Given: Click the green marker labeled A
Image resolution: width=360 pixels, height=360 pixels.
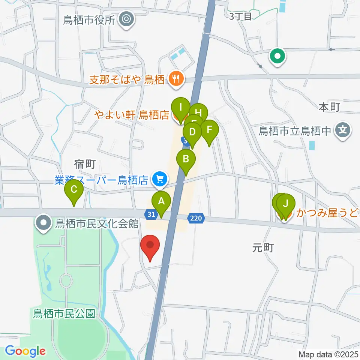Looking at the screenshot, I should [161, 201].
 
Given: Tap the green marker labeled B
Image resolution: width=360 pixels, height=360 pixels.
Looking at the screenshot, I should [186, 159].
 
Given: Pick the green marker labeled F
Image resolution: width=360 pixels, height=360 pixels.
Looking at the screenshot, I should [210, 130].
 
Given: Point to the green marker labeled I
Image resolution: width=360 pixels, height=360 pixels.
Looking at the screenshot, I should [181, 108].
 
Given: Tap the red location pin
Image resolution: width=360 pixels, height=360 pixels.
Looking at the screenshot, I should [150, 246].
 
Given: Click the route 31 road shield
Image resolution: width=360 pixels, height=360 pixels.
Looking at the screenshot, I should [151, 214].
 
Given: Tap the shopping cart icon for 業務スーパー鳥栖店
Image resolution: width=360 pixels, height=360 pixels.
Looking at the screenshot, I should [159, 180].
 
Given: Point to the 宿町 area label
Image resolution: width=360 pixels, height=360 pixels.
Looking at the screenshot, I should [85, 163].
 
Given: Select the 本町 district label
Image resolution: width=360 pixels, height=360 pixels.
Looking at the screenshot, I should [329, 107].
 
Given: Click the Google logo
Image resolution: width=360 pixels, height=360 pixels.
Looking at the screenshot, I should [25, 351].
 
